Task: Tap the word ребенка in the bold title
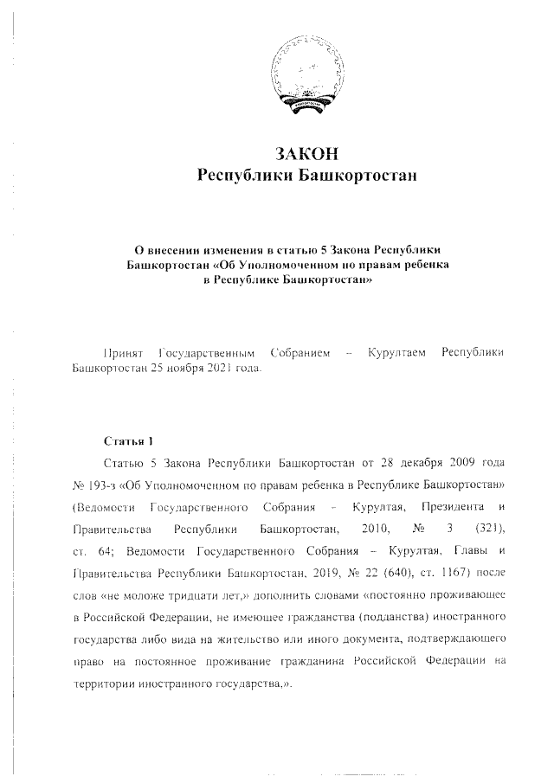pyautogui.click(x=425, y=266)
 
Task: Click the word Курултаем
pyautogui.click(x=397, y=354)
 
